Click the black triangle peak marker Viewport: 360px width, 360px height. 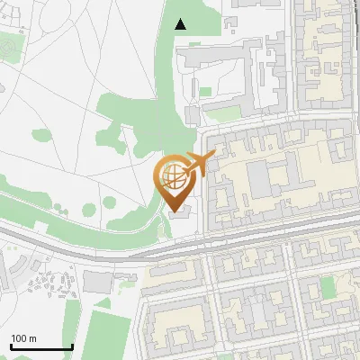181,23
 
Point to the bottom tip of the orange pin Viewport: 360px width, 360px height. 175,211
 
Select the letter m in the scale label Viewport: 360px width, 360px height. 33,338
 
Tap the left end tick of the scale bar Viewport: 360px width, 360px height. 11,346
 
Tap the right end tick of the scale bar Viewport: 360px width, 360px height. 72,346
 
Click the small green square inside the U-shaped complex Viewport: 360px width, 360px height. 205,91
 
